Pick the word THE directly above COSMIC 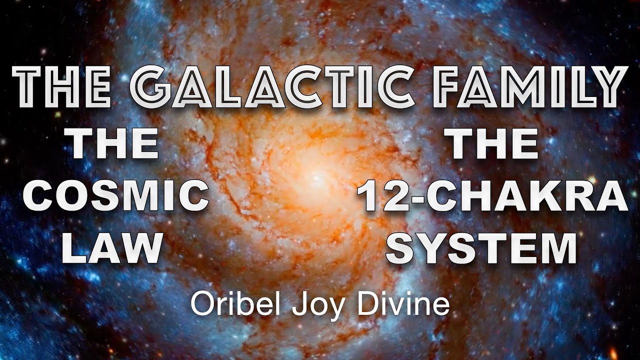click(x=114, y=144)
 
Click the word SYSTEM click(x=481, y=248)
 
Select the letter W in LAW click(x=142, y=248)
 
